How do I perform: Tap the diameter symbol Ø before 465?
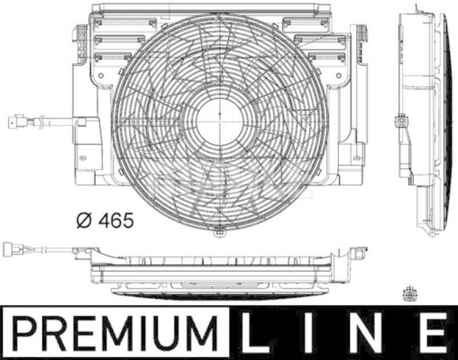point(84,219)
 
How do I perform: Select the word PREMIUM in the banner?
point(114,334)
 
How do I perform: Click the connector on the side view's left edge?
point(401,122)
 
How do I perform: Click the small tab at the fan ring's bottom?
point(220,234)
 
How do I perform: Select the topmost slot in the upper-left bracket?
point(125,23)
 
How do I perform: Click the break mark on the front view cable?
point(41,121)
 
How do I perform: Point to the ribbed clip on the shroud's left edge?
point(81,37)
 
